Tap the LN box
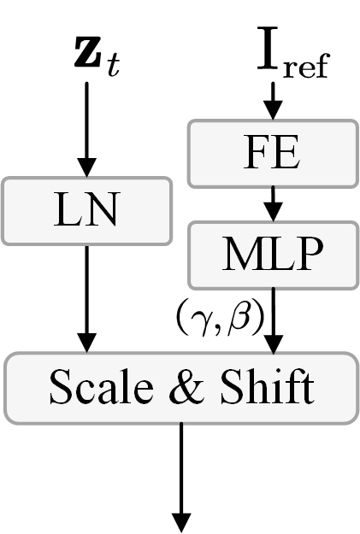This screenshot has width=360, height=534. click(86, 210)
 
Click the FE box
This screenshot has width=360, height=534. click(272, 154)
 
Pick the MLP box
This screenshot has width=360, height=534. click(272, 254)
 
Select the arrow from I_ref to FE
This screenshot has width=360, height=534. click(272, 101)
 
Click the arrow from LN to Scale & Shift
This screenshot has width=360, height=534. click(86, 299)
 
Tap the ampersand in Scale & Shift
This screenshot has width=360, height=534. click(180, 389)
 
